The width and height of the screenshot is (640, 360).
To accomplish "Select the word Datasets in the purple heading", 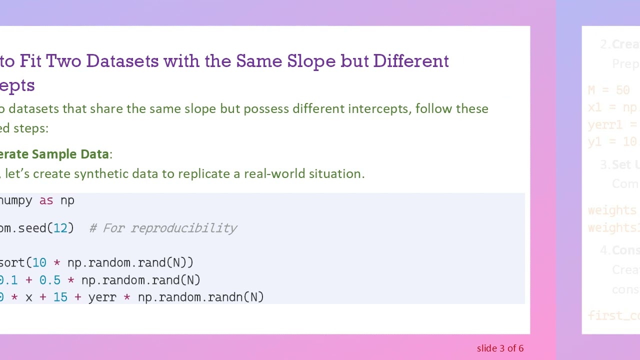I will [x=122, y=61].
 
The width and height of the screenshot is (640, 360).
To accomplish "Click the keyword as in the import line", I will [x=46, y=200].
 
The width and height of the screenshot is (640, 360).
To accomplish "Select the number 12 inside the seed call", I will [x=60, y=228].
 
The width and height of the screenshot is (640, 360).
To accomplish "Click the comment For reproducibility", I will [x=163, y=228].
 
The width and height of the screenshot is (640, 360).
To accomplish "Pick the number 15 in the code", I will [x=60, y=297].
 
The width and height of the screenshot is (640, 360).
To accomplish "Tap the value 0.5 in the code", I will [x=50, y=280].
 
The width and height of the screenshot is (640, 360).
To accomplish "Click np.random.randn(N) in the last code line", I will [x=200, y=297].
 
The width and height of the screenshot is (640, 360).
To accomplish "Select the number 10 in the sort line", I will [x=39, y=262].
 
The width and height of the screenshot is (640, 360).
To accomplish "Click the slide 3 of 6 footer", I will [x=500, y=348].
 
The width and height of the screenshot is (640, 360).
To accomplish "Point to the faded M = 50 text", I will [x=608, y=90].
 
